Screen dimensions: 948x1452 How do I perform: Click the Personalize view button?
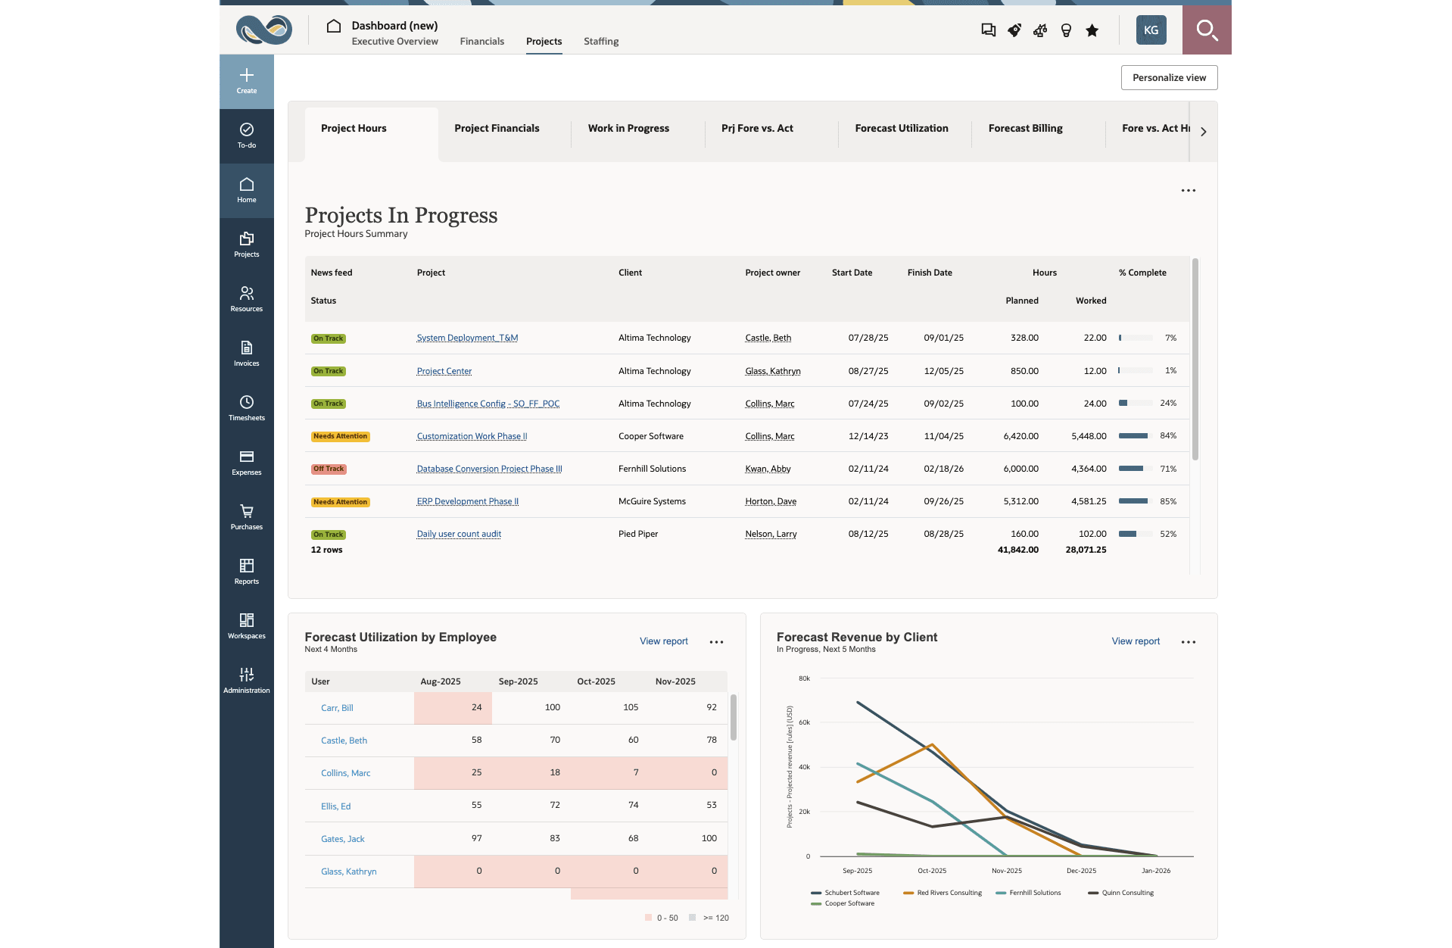pos(1169,78)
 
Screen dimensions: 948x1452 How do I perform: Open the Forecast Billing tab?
pos(1025,129)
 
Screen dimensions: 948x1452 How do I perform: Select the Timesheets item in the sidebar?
pos(247,407)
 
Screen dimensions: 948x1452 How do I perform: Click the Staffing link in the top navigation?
pos(601,42)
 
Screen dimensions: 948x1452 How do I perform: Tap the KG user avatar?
pos(1151,30)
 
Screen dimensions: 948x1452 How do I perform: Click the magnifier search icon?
pos(1207,30)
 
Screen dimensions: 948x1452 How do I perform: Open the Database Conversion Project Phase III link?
pos(489,469)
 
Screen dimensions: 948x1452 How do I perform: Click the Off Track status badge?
pos(329,469)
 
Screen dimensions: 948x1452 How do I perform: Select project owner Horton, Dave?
pos(771,502)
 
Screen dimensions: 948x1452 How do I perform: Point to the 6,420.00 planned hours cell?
pos(1020,437)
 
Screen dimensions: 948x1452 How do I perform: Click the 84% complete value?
pos(1168,436)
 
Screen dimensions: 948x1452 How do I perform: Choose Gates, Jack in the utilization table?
pos(342,839)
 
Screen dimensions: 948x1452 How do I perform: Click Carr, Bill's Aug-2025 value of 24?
pos(476,708)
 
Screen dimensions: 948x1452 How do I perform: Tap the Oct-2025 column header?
pos(596,681)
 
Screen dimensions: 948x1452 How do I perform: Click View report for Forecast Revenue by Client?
pos(1136,641)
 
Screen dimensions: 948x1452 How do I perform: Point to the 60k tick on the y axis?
pos(804,722)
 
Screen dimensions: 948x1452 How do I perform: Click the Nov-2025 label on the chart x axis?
pos(1007,871)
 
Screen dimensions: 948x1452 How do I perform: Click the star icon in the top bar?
pos(1092,30)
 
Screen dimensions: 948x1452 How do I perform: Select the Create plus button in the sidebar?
pos(247,80)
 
